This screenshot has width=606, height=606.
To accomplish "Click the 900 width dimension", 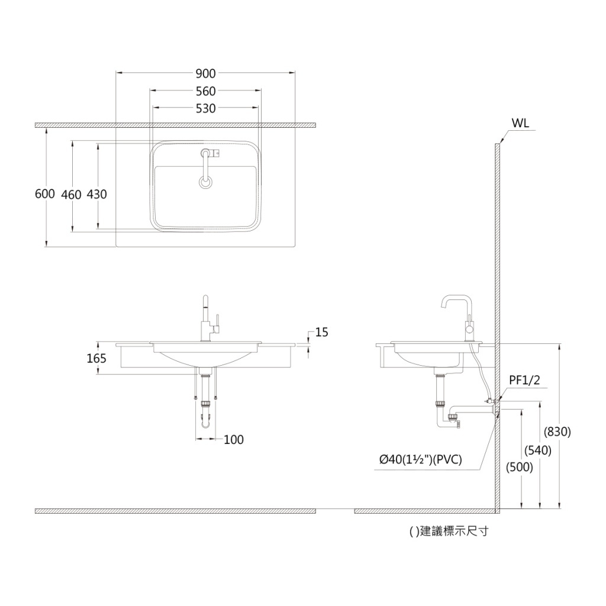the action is pos(205,73).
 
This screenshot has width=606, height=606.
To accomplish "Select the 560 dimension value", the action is pos(205,91).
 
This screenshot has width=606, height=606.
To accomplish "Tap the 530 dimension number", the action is pos(205,109).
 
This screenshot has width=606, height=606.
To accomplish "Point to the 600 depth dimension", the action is pos(45,194).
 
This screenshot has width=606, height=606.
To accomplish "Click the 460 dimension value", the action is pos(71,194).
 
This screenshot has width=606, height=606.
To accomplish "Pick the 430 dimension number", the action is pos(96,194).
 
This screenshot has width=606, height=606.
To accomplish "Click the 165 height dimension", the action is pos(96,359).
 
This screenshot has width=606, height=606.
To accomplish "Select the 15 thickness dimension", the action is pos(321,333).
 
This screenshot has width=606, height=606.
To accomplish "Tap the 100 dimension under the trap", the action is pos(233,440).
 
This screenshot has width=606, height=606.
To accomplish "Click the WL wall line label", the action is pos(520,123).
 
